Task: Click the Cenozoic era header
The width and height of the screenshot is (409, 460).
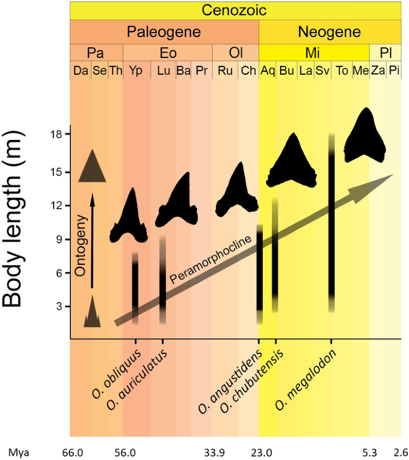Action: pyautogui.click(x=234, y=10)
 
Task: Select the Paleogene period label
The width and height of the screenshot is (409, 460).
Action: pyautogui.click(x=164, y=31)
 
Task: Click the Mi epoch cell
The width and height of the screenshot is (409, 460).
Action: pyautogui.click(x=312, y=53)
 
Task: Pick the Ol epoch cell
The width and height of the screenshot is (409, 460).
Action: pyautogui.click(x=235, y=53)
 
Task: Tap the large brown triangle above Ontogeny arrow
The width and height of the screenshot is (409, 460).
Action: pyautogui.click(x=92, y=166)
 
